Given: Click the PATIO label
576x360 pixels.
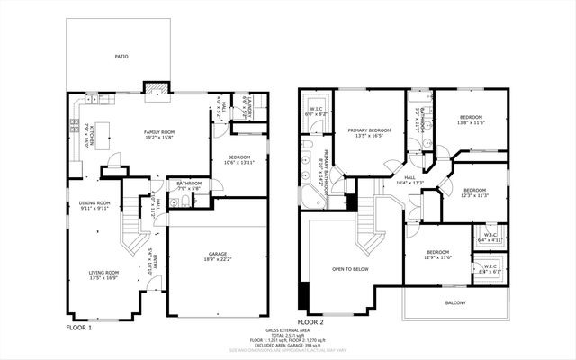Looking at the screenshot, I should coord(121,57).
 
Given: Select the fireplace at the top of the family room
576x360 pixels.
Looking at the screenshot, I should coord(156,87).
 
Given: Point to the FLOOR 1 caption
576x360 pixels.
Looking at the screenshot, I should coord(79,328).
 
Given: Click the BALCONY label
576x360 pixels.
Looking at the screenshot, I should coord(455,302).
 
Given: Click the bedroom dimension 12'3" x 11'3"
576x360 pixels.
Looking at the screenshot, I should coord(475,195).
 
